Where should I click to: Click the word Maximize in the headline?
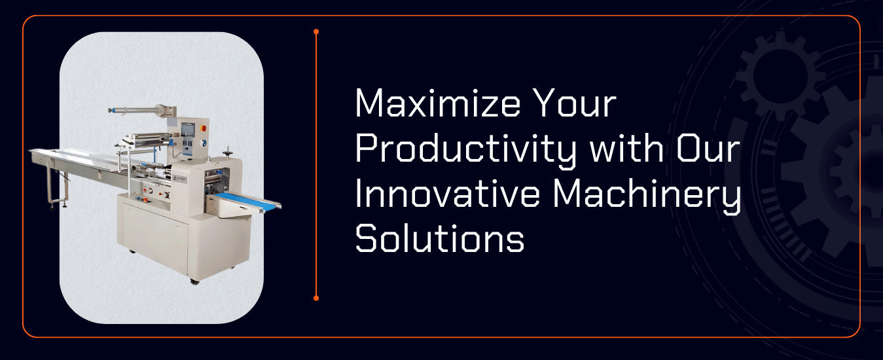437,103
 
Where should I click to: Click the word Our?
708,149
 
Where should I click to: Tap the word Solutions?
439,238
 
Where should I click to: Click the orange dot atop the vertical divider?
316,31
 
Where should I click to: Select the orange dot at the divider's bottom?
316,298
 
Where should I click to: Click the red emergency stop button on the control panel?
204,128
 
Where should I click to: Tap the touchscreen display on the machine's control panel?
188,130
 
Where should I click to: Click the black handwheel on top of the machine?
227,151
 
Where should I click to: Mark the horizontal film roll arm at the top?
138,110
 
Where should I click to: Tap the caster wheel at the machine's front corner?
194,281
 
